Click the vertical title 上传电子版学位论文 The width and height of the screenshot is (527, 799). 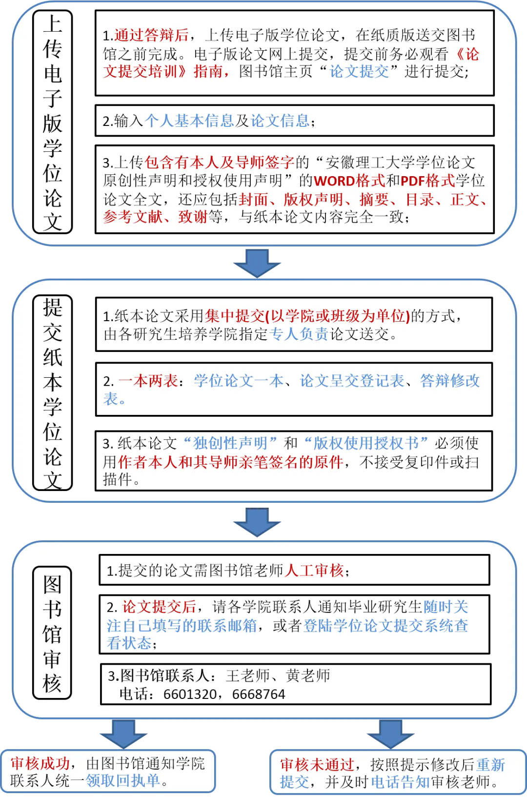[x=52, y=122]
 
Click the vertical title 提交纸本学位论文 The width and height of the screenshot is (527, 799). [x=52, y=392]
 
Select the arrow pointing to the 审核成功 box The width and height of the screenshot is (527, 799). [x=124, y=734]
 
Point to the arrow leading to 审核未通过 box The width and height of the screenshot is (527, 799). [x=390, y=734]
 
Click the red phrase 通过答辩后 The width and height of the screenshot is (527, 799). [x=151, y=35]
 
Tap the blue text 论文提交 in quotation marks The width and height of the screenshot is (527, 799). [x=359, y=71]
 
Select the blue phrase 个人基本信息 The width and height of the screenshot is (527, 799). [x=189, y=121]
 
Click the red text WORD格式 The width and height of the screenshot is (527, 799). [x=349, y=181]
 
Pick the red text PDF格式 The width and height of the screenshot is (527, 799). [x=427, y=181]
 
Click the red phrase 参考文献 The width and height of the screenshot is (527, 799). [x=133, y=217]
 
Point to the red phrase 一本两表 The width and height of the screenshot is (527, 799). [x=148, y=381]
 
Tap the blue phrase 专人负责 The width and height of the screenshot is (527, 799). [x=299, y=334]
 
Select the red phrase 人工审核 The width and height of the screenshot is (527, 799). [x=314, y=571]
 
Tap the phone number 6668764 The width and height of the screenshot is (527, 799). [x=259, y=694]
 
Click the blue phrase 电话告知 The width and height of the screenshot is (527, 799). [x=400, y=782]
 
